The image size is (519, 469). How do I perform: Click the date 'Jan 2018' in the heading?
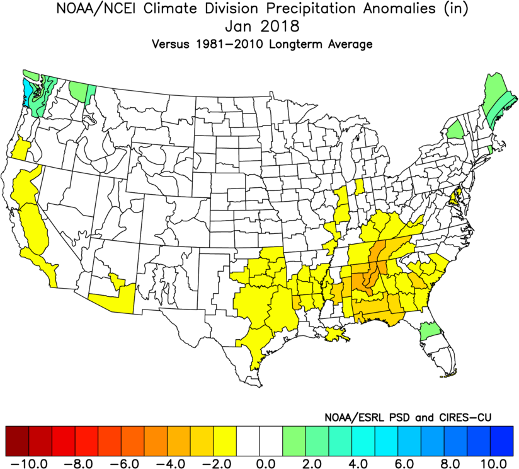(x=259, y=28)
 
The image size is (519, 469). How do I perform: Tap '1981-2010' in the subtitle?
(x=232, y=45)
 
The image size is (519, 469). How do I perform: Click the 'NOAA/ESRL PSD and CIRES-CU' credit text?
(x=408, y=417)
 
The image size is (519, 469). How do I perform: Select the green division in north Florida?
(x=430, y=330)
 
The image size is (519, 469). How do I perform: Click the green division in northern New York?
(x=455, y=129)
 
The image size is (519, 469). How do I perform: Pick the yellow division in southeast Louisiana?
(x=337, y=335)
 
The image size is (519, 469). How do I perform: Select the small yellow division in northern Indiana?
(x=360, y=187)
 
